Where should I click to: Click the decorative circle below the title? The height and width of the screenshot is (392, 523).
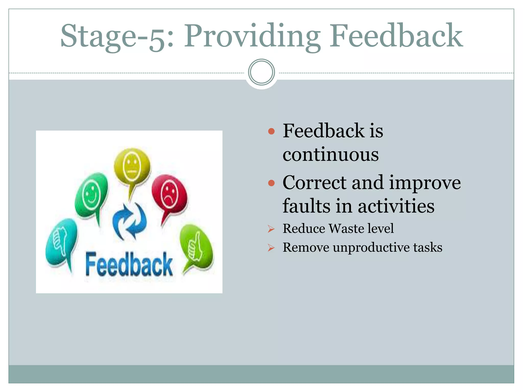point(261,72)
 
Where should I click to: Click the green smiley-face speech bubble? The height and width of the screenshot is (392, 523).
point(91,195)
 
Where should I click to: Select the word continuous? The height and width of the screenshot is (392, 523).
point(330,154)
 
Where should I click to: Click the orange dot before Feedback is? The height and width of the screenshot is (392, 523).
point(271,131)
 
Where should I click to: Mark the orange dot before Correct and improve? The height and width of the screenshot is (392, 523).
point(271,183)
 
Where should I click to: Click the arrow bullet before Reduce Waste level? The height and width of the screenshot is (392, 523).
point(271,229)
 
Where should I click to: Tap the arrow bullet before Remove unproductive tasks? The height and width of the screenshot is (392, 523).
point(271,248)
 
